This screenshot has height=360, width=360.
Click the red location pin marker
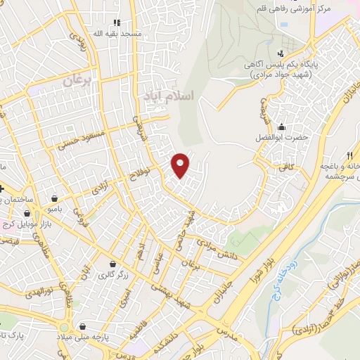point(181,165)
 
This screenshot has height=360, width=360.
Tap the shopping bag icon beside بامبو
point(54,198)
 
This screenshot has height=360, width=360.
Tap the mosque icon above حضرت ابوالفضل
point(282,127)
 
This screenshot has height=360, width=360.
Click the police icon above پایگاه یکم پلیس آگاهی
point(281,53)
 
